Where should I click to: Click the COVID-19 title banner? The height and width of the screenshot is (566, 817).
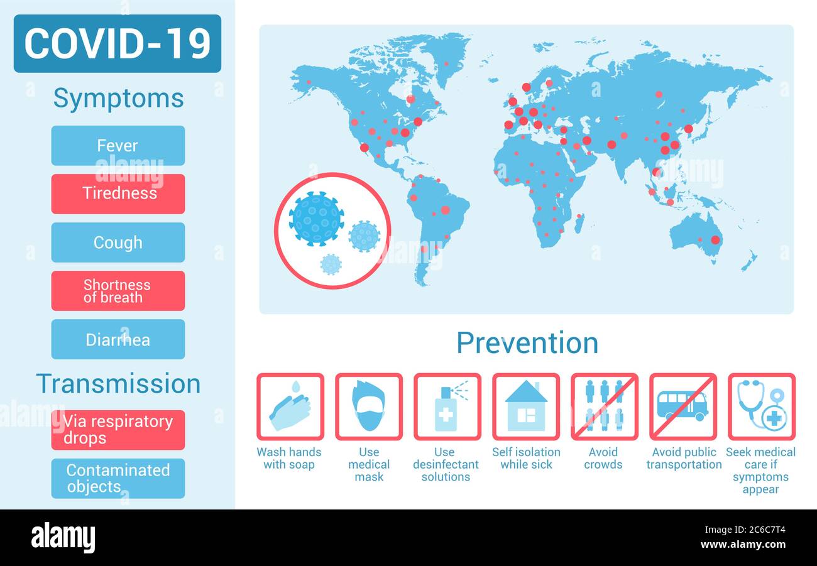coord(118,43)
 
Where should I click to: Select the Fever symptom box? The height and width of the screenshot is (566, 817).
coord(118,146)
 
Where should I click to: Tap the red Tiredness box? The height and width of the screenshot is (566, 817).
coord(118,193)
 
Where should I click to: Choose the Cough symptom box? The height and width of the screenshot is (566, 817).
coord(118,242)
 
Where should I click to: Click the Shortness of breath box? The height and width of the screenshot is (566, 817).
coord(118,291)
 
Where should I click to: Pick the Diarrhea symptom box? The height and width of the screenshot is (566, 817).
coord(118,339)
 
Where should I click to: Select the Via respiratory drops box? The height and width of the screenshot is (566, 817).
coord(118,430)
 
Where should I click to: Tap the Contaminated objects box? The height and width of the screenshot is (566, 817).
coord(118,478)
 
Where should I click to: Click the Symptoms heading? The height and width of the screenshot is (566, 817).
coord(118,99)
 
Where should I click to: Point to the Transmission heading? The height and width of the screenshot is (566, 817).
coord(118,384)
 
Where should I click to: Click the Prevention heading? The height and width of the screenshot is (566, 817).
coord(527,343)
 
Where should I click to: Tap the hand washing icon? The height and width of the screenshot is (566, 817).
coord(290,406)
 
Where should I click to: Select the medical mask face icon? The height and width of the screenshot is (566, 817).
coord(368,406)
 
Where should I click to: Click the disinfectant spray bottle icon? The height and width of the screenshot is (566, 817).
coord(447,406)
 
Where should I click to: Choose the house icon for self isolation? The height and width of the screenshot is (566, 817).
coord(525,406)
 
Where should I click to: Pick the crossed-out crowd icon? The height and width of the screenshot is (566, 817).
coord(604,406)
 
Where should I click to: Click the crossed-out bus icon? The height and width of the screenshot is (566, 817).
coord(683,406)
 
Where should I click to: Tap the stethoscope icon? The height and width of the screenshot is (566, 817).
coord(761,406)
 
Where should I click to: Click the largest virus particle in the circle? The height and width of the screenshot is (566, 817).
coord(316,219)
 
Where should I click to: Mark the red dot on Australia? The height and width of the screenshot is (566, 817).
coord(715,239)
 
